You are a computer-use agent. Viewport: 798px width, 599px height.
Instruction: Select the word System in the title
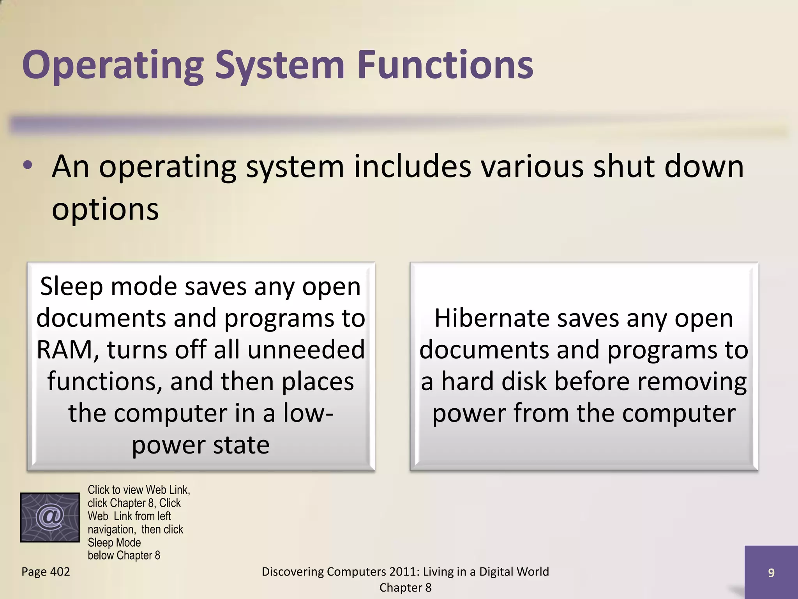point(280,66)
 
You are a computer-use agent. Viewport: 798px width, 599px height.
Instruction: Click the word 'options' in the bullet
point(105,209)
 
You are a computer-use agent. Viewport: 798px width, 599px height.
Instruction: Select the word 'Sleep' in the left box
point(71,287)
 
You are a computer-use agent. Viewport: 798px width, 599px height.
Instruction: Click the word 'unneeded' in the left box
point(306,350)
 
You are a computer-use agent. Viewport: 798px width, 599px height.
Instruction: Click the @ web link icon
point(50,517)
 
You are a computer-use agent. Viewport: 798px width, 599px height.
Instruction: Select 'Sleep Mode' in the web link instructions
point(114,542)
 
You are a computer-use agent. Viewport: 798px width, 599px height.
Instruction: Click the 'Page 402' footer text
point(46,572)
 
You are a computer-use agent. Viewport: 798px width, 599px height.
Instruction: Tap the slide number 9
point(771,572)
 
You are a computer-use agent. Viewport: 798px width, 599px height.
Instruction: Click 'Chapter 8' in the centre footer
point(405,588)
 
